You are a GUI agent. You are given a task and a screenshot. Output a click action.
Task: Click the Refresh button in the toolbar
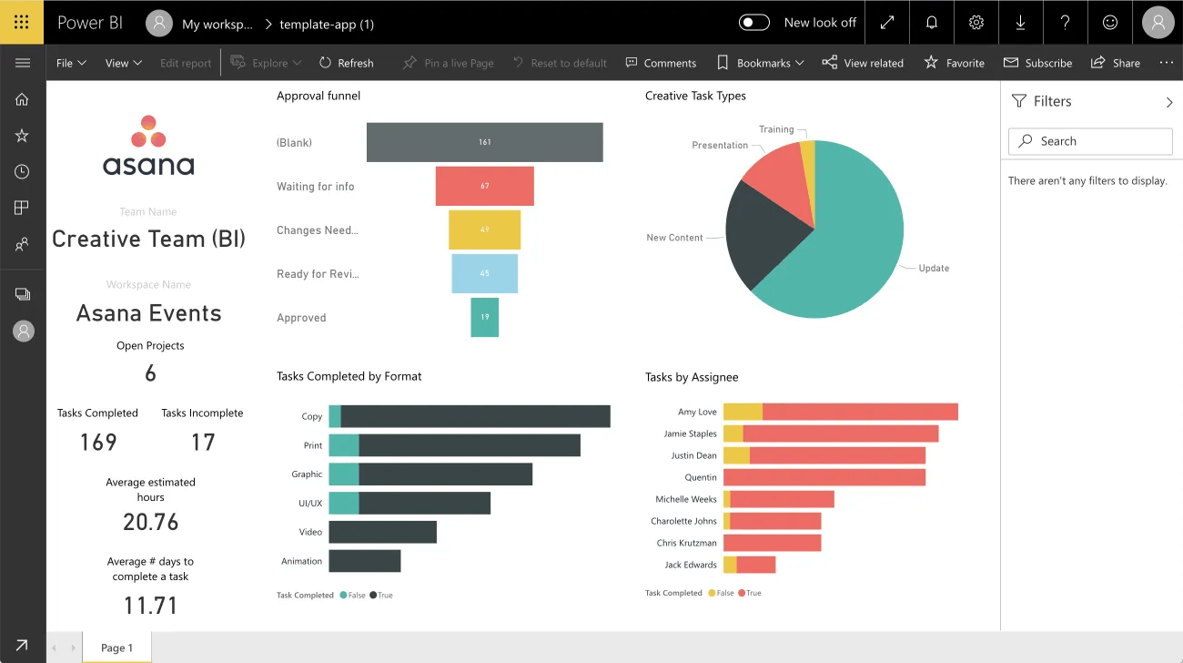click(x=346, y=63)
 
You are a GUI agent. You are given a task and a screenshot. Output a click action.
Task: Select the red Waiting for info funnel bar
click(x=484, y=186)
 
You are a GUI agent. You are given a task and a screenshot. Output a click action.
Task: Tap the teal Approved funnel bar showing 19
click(x=484, y=317)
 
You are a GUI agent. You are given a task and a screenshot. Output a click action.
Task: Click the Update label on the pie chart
click(x=934, y=268)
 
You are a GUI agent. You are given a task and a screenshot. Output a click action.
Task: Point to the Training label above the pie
click(x=776, y=129)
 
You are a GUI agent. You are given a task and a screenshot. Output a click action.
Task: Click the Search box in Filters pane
click(x=1090, y=141)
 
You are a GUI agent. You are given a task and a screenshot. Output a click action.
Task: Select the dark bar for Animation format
click(x=364, y=561)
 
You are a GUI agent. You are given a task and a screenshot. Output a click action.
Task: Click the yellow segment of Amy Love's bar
click(x=743, y=412)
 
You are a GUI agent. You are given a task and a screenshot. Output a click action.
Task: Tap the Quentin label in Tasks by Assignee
click(x=701, y=477)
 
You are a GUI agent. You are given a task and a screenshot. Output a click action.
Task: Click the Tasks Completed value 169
click(x=98, y=443)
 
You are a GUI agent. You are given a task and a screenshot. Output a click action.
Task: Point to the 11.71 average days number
click(x=151, y=606)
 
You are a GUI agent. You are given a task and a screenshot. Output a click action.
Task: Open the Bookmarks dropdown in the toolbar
click(x=761, y=63)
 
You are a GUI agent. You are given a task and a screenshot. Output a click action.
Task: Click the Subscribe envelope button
click(x=1037, y=63)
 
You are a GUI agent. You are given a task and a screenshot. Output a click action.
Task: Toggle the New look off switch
click(x=753, y=23)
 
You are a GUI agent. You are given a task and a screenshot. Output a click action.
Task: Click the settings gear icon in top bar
click(x=976, y=23)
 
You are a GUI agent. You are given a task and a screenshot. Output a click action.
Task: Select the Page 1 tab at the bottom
click(x=116, y=648)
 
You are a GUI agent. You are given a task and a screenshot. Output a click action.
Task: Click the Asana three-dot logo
click(x=148, y=131)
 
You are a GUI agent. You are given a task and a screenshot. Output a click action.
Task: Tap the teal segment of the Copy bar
click(x=335, y=416)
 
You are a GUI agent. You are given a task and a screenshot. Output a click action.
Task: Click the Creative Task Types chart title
click(x=695, y=96)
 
